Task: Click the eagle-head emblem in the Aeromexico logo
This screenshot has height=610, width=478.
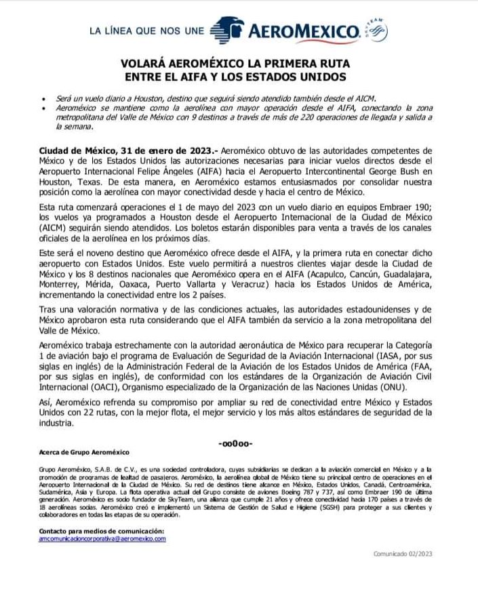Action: pyautogui.click(x=227, y=30)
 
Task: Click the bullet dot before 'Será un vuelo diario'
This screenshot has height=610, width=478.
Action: pyautogui.click(x=44, y=98)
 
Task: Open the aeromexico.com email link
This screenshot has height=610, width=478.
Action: pyautogui.click(x=102, y=538)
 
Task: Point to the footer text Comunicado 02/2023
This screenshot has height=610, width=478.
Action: pyautogui.click(x=403, y=554)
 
